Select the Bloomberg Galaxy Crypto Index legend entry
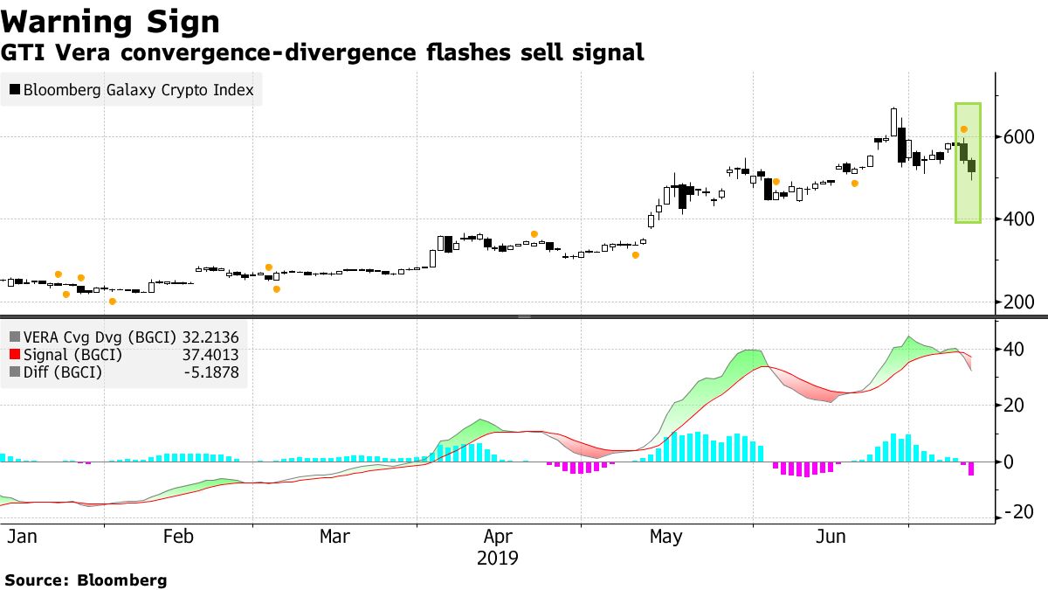[138, 89]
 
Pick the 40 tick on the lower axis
[1013, 350]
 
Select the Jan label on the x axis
[22, 537]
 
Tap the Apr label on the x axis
[499, 537]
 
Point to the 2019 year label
[498, 558]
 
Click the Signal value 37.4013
[209, 354]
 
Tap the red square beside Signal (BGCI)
[14, 355]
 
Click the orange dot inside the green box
[963, 129]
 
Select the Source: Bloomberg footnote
[86, 580]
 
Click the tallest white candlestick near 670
[893, 123]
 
